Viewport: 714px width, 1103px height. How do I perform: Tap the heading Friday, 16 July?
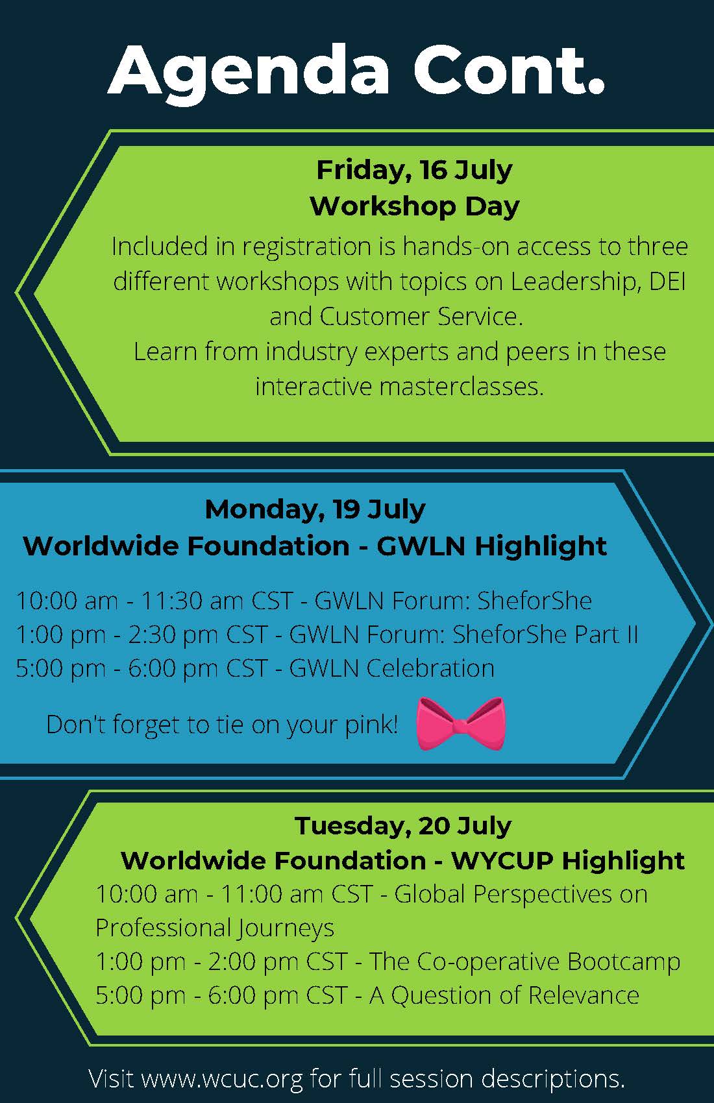point(414,171)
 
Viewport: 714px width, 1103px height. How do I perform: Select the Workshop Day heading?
point(415,206)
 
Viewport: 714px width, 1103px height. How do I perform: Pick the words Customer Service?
point(421,317)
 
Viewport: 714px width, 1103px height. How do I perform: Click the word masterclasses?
point(462,387)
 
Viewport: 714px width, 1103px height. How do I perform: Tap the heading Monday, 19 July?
point(315,509)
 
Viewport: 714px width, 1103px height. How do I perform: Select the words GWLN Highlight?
point(491,546)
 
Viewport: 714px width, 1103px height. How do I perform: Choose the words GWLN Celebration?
point(392,669)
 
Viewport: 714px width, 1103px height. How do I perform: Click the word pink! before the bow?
point(371,725)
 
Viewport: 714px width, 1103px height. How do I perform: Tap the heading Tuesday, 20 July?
point(403,826)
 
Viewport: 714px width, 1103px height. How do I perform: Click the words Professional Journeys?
point(215,928)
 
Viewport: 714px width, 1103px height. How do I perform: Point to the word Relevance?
point(584,995)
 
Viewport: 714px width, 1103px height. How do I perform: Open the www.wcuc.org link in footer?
point(222,1078)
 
